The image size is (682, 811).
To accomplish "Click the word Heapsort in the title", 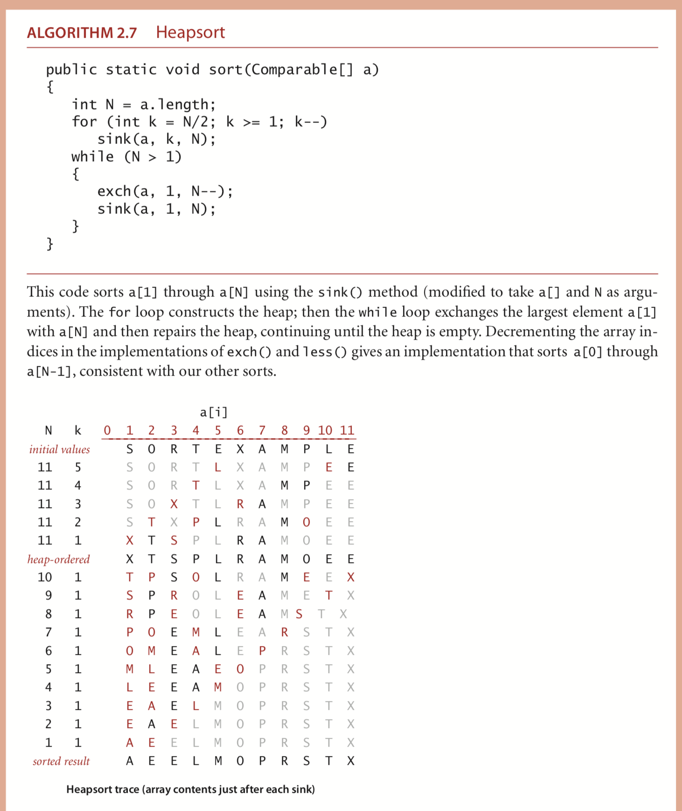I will coord(190,32).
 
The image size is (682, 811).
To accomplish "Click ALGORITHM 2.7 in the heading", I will coord(82,33).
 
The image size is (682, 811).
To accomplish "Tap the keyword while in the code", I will coord(92,157).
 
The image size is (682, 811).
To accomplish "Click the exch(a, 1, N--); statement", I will coord(165,191).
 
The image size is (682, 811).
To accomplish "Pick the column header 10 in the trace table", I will coord(325,430).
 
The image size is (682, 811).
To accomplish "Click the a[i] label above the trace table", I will coord(214,412).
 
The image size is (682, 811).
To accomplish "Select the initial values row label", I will coord(59,449).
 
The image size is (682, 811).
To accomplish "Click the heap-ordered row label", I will coord(58,559).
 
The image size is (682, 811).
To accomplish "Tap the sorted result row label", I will coord(61,761).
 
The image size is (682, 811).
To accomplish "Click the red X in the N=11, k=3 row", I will coord(174,504).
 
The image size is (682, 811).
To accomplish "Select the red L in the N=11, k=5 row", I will coord(218,467).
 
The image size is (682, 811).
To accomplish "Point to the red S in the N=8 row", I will coord(299,614).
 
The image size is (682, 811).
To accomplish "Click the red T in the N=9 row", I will coord(329,596).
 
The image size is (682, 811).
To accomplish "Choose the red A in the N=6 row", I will coord(196,651).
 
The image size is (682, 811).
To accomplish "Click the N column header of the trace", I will coord(48,430).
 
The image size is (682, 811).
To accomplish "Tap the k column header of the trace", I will coord(78,430).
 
